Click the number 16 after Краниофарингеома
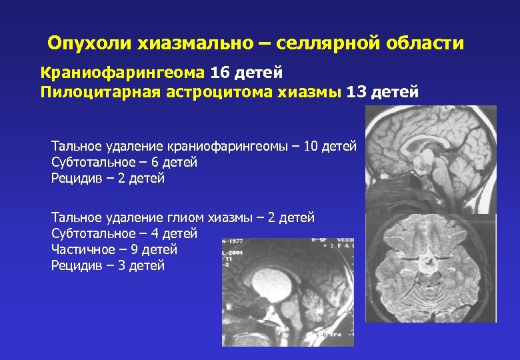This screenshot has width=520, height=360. [x=219, y=71]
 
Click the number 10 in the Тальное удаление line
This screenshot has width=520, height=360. [x=311, y=146]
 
